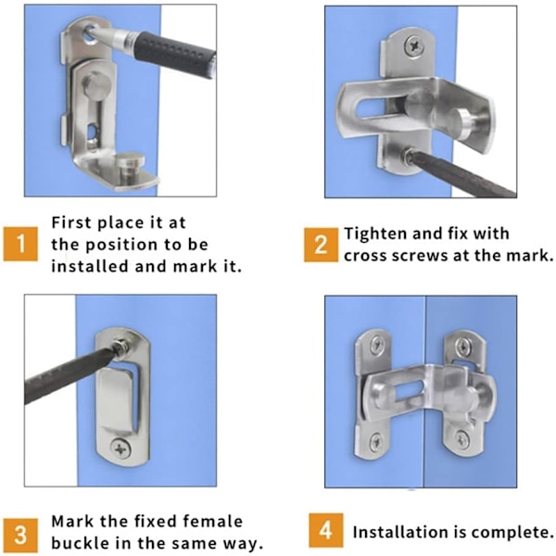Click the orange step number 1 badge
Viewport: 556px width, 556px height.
tap(20, 244)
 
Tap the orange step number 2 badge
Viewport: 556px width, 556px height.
tap(321, 245)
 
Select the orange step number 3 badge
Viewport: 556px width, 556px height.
tap(20, 535)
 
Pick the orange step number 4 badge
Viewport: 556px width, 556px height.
tap(325, 530)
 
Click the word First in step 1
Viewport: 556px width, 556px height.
tap(71, 222)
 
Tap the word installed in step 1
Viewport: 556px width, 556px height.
tap(90, 266)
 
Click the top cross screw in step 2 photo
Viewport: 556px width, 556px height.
tap(413, 45)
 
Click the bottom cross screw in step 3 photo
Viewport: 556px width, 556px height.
tap(120, 449)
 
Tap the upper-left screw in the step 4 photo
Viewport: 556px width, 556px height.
tap(376, 345)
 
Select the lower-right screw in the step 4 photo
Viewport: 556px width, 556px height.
tap(462, 439)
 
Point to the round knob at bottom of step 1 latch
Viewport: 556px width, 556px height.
tap(131, 162)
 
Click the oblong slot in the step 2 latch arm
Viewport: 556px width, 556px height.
tap(371, 107)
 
